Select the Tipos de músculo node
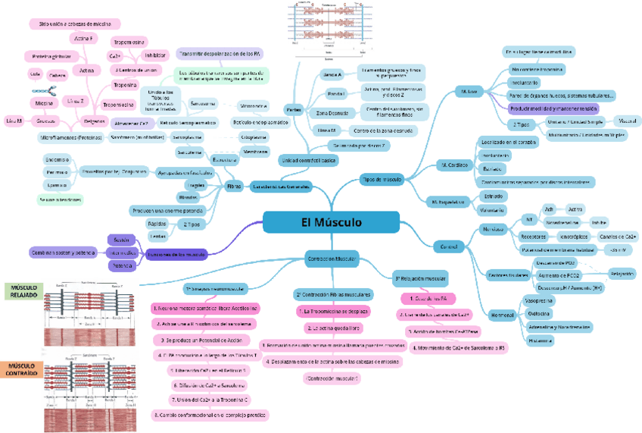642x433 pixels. point(382,180)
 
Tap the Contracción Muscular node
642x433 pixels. point(332,259)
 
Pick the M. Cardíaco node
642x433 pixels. point(454,164)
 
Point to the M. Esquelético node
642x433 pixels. point(447,202)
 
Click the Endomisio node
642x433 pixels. point(58,159)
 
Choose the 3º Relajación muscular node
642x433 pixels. point(420,279)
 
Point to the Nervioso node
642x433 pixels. point(493,229)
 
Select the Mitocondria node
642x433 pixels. point(254,105)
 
